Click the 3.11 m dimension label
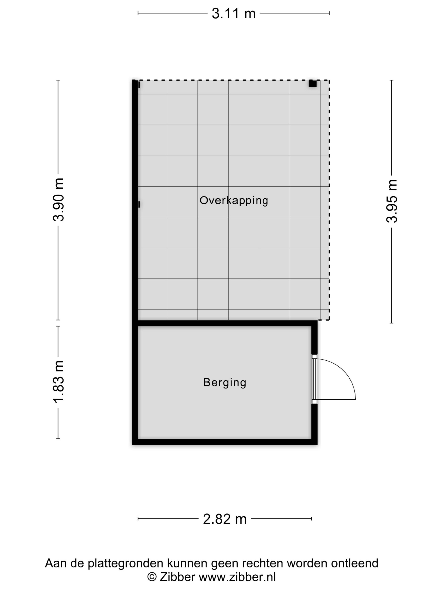(233, 13)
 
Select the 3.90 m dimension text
(58, 200)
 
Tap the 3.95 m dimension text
(392, 201)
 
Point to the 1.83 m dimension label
(58, 381)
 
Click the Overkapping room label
(234, 200)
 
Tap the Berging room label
(225, 382)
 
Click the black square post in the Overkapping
(313, 83)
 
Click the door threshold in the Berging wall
(314, 379)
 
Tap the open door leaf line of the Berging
(336, 400)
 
